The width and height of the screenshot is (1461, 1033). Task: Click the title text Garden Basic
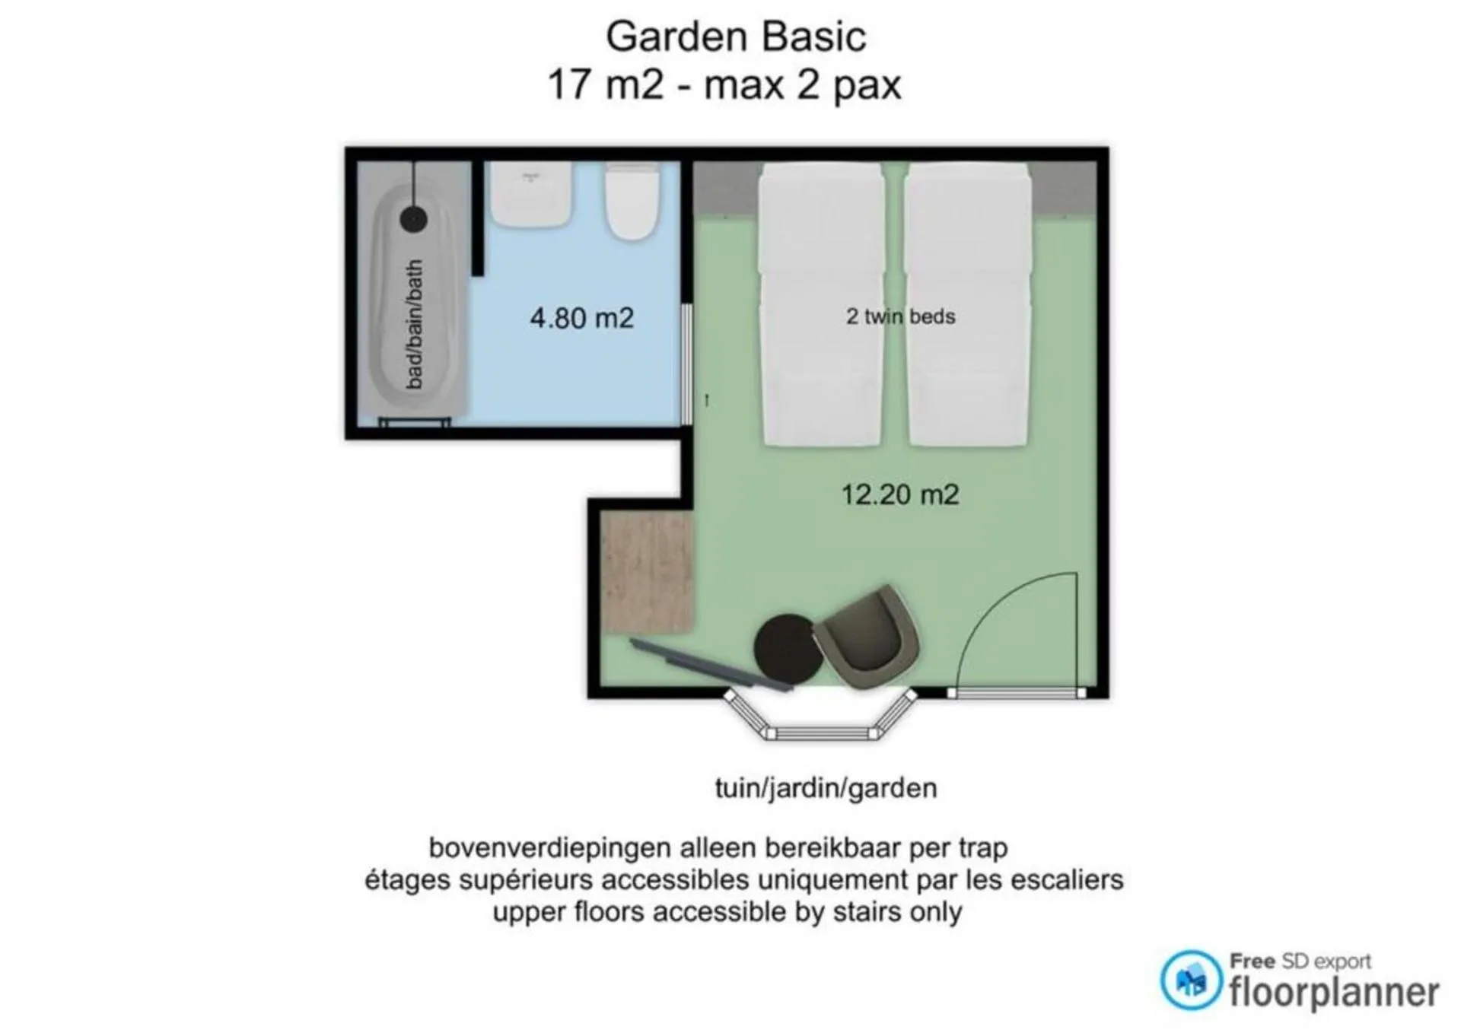[x=736, y=37]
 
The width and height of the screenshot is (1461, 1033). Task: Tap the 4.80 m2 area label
[x=582, y=318]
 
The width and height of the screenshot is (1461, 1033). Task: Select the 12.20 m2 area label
[x=900, y=494]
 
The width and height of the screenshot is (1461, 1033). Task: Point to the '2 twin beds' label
[x=901, y=316]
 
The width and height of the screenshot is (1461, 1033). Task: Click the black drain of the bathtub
[x=413, y=219]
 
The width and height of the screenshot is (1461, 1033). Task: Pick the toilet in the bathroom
[x=632, y=201]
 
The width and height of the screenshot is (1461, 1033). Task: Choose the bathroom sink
[x=530, y=193]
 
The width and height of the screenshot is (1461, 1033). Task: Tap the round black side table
[x=788, y=648]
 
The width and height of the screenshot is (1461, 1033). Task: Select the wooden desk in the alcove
[x=647, y=572]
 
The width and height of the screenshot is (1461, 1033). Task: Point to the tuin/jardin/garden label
[x=826, y=788]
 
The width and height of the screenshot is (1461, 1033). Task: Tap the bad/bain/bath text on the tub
[x=415, y=325]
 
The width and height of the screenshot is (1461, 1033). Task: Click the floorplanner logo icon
[x=1191, y=981]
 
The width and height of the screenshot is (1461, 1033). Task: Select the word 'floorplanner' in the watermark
[x=1334, y=993]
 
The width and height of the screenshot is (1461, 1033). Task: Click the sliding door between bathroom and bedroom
[x=686, y=364]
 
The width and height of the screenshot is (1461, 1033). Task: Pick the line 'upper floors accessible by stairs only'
[x=727, y=911]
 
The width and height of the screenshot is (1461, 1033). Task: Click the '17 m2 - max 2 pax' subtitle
[x=724, y=84]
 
